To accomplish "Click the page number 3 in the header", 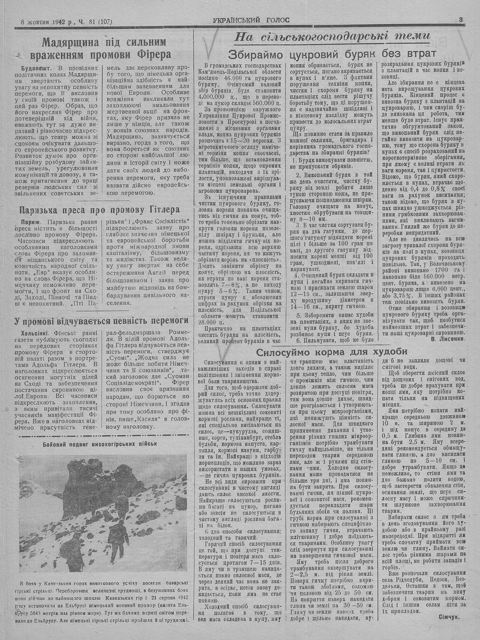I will [x=460, y=20].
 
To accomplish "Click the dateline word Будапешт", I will [x=36, y=68].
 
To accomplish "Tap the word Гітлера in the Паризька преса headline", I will [x=158, y=210].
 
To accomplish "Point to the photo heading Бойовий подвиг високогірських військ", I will [x=100, y=443].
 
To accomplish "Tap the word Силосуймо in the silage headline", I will [x=280, y=351].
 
